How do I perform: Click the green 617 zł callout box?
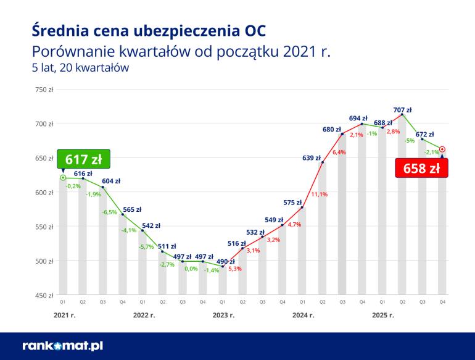click(83, 158)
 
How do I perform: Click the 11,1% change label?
click(319, 195)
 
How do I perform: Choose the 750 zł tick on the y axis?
click(44, 90)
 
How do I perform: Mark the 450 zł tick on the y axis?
click(44, 295)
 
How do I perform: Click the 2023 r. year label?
click(223, 315)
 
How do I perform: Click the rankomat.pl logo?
click(62, 346)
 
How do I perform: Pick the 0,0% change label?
click(191, 269)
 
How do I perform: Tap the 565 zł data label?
click(131, 209)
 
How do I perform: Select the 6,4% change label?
click(339, 152)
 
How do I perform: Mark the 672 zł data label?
click(424, 134)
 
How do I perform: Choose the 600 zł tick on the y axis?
click(44, 193)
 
